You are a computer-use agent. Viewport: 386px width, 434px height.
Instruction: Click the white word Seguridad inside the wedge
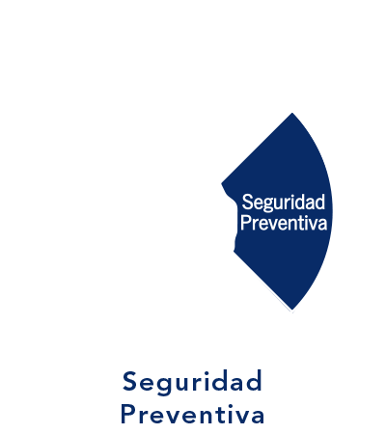click(x=284, y=203)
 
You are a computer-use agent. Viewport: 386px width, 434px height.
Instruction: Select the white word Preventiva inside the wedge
click(x=284, y=223)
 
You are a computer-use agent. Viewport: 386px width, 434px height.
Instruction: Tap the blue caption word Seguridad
click(x=192, y=383)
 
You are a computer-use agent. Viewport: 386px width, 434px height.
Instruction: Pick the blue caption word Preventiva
click(x=192, y=415)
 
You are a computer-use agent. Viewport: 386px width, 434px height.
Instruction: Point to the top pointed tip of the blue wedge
click(x=292, y=113)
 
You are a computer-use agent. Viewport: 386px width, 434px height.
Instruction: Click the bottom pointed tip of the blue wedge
click(x=292, y=310)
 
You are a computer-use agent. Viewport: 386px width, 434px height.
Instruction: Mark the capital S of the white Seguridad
click(x=247, y=202)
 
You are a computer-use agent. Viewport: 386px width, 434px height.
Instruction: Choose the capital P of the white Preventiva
click(x=245, y=223)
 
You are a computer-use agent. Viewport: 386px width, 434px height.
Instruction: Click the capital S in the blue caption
click(x=129, y=381)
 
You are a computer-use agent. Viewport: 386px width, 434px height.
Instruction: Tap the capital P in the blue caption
click(x=127, y=414)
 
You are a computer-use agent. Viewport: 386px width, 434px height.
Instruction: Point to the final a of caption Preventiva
click(x=258, y=417)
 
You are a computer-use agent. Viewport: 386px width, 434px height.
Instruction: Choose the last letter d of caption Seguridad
click(x=255, y=381)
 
